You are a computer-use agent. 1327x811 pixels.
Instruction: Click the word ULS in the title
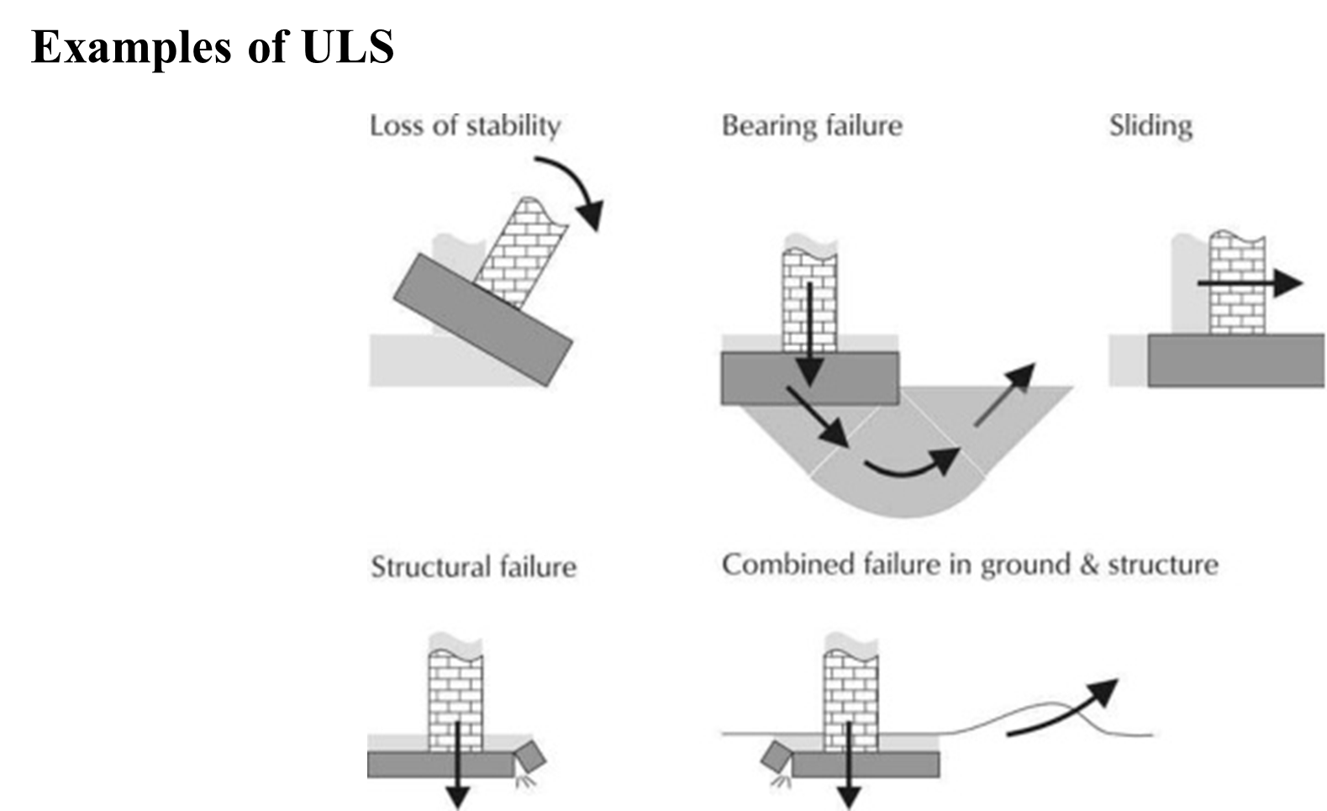coord(348,46)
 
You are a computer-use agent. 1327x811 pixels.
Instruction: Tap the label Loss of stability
coord(465,126)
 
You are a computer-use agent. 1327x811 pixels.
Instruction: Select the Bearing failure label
coord(812,126)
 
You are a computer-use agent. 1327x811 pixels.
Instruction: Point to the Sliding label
coord(1151,126)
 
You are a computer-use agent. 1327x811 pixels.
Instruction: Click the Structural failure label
coord(473,567)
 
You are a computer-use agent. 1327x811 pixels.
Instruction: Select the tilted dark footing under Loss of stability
coord(483,320)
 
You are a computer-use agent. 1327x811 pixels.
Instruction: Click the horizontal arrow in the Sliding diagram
coord(1250,282)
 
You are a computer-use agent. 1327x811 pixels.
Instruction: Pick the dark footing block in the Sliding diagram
coord(1235,361)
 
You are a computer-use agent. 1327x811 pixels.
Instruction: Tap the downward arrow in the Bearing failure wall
coord(810,334)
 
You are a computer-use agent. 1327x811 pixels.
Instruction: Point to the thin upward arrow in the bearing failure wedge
coord(1005,394)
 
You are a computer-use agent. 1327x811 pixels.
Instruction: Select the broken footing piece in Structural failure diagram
coord(530,756)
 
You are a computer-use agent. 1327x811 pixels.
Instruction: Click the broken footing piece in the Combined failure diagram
coord(777,756)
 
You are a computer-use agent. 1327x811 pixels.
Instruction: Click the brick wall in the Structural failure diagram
coord(455,701)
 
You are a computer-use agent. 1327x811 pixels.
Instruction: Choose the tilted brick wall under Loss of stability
coord(521,253)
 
